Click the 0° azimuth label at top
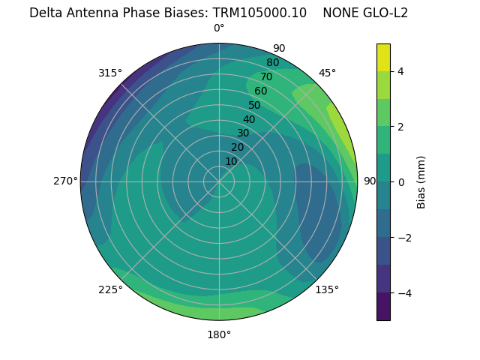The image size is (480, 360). click(219, 28)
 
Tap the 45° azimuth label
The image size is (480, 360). click(327, 73)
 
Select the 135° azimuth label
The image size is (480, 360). click(327, 289)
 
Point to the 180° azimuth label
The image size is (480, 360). click(219, 334)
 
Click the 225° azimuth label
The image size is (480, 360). click(110, 289)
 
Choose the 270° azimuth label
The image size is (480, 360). click(65, 181)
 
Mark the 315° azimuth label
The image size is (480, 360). click(110, 73)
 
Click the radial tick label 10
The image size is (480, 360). click(231, 161)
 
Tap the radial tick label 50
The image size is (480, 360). click(254, 106)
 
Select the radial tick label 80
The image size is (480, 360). click(272, 62)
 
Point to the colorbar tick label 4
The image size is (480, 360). click(400, 71)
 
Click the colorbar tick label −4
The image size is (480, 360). click(403, 293)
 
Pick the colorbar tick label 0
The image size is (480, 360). click(400, 182)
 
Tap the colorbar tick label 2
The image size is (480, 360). click(400, 127)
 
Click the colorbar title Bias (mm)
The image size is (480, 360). click(421, 182)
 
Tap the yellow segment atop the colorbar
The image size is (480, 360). click(383, 58)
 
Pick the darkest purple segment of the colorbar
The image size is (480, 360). click(383, 307)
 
